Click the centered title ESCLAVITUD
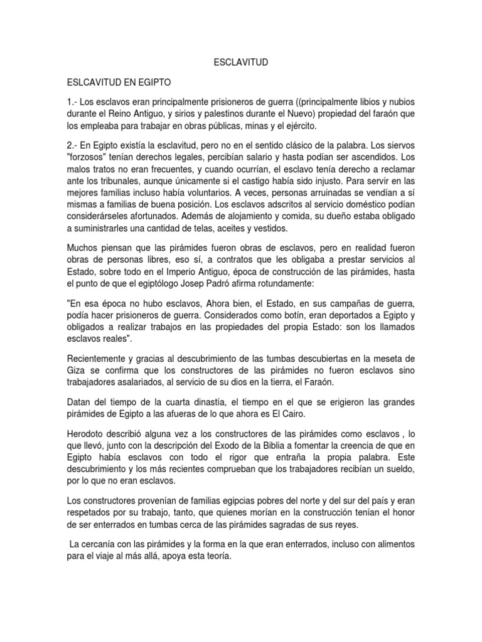point(241,63)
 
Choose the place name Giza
point(78,369)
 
